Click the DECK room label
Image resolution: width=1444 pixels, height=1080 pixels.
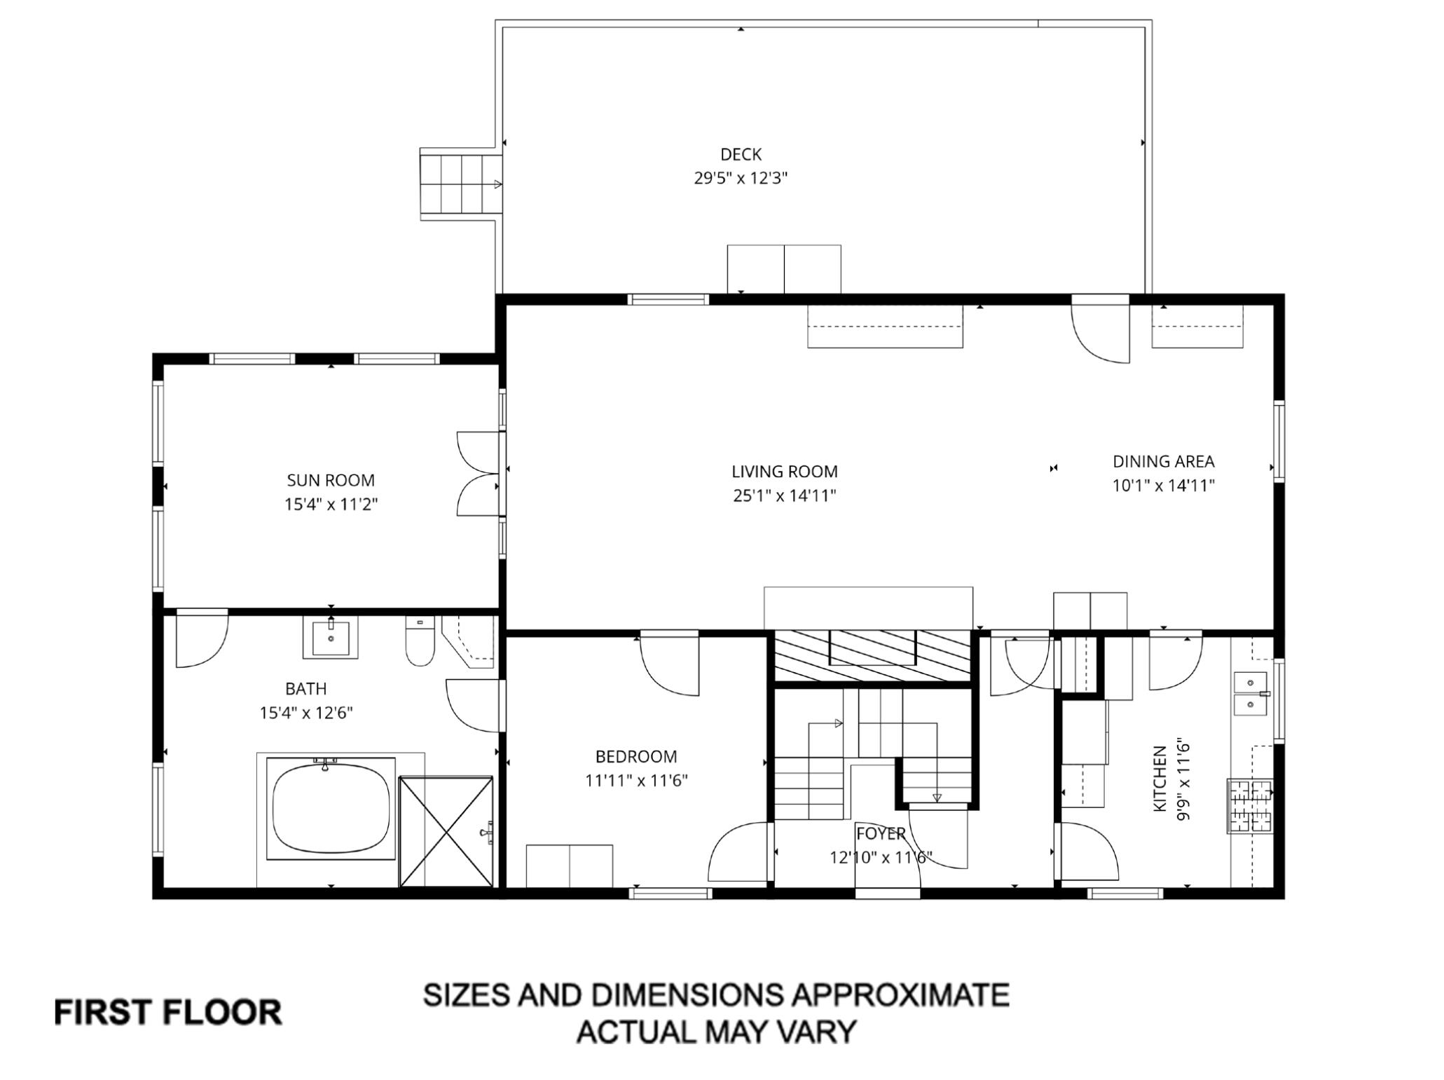pyautogui.click(x=741, y=154)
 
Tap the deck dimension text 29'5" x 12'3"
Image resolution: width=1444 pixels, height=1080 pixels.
pyautogui.click(x=741, y=178)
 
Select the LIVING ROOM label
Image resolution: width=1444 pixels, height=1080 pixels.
pyautogui.click(x=785, y=472)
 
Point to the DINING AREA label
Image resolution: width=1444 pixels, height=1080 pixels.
pyautogui.click(x=1164, y=461)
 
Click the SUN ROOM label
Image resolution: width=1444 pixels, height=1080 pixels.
pyautogui.click(x=331, y=480)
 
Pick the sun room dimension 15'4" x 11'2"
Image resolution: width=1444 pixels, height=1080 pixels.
pyautogui.click(x=331, y=505)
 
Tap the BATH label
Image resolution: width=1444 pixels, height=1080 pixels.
pyautogui.click(x=306, y=689)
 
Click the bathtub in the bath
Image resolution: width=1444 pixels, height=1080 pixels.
pyautogui.click(x=331, y=808)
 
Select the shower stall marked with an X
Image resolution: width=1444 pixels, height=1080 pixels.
pyautogui.click(x=446, y=831)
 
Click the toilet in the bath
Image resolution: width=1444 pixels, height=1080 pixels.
pyautogui.click(x=420, y=640)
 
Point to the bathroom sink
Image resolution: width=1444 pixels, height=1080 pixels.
pyautogui.click(x=330, y=636)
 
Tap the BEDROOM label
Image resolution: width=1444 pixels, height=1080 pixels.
pyautogui.click(x=636, y=757)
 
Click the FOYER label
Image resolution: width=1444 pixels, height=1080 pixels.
pyautogui.click(x=881, y=833)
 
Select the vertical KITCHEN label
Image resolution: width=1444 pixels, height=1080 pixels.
pyautogui.click(x=1160, y=779)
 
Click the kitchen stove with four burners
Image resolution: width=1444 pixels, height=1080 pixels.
pyautogui.click(x=1250, y=806)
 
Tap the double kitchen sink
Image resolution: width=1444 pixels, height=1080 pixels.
pyautogui.click(x=1251, y=694)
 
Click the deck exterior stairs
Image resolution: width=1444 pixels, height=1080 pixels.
pyautogui.click(x=462, y=184)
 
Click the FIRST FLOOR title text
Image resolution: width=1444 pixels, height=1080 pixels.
pyautogui.click(x=168, y=1013)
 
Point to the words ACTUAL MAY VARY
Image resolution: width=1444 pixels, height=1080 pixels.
pyautogui.click(x=716, y=1031)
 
